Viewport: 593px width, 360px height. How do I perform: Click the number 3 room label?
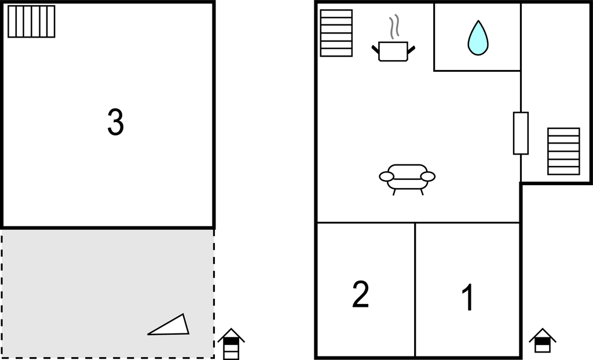point(116,122)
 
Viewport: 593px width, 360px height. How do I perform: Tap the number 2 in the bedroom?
point(360,294)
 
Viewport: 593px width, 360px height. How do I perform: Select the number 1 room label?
point(468,297)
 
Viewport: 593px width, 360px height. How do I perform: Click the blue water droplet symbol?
point(478,38)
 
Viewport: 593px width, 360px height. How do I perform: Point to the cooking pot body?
point(393,52)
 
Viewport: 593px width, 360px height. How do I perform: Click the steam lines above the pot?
point(394,27)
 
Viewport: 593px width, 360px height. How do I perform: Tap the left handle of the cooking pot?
point(375,49)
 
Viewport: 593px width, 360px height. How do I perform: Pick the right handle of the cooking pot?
point(411,50)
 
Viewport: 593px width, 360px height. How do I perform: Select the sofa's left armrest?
point(386,176)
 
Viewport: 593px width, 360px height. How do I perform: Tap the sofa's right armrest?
point(428,176)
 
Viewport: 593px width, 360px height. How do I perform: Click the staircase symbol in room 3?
point(31,21)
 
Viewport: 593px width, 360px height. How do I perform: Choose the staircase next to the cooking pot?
point(336,33)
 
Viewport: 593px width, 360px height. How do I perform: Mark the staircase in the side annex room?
point(563,151)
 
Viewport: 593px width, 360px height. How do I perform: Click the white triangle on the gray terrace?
point(170,325)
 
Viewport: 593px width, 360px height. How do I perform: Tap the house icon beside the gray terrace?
point(231,344)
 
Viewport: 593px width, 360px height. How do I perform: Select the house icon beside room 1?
point(542,341)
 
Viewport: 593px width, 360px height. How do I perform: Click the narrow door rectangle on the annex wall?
point(521,133)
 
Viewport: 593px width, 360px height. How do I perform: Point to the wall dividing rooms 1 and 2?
point(415,289)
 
